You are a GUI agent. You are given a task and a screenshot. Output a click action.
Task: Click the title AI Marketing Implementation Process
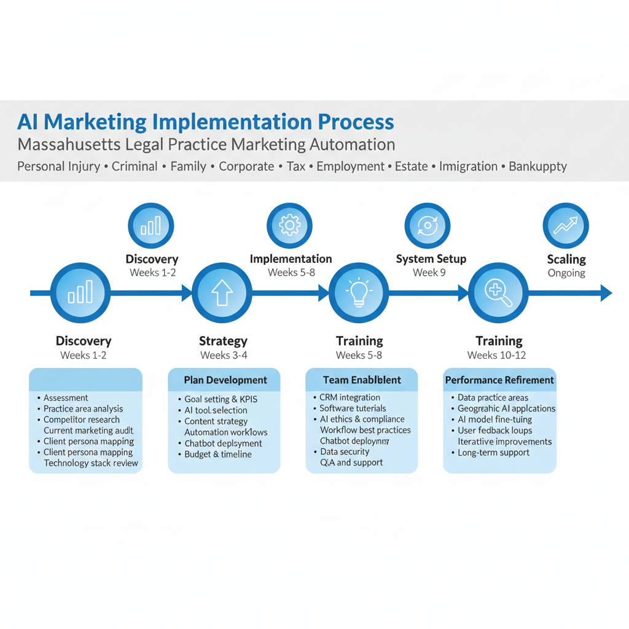(x=205, y=122)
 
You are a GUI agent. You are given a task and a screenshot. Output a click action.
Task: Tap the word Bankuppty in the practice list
(x=537, y=166)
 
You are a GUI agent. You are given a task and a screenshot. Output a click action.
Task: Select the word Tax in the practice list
(x=296, y=166)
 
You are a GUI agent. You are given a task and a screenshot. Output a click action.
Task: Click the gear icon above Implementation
(x=289, y=226)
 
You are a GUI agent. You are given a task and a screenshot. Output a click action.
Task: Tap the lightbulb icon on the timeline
(x=359, y=294)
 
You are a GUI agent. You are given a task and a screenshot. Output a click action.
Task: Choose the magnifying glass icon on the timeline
(x=498, y=294)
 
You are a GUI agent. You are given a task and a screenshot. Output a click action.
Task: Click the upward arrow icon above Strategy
(x=222, y=294)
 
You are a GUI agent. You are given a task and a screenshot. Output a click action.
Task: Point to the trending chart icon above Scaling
(x=566, y=226)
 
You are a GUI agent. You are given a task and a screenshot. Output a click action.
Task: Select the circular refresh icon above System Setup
(x=428, y=226)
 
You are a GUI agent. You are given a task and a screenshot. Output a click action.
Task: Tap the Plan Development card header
(x=225, y=380)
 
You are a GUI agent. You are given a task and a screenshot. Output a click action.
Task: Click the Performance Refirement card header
(x=499, y=380)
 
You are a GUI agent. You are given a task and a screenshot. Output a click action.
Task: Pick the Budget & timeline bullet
(x=218, y=455)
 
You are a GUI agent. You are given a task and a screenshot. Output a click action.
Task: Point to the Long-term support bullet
(x=493, y=453)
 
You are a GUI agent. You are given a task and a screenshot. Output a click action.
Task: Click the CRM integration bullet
(x=350, y=397)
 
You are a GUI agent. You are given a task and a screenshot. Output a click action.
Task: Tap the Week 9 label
(x=429, y=273)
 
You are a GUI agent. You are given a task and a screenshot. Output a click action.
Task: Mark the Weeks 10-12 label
(x=496, y=355)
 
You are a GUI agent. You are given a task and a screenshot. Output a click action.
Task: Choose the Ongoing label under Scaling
(x=566, y=273)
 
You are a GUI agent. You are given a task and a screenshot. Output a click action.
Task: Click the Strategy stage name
(x=223, y=341)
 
